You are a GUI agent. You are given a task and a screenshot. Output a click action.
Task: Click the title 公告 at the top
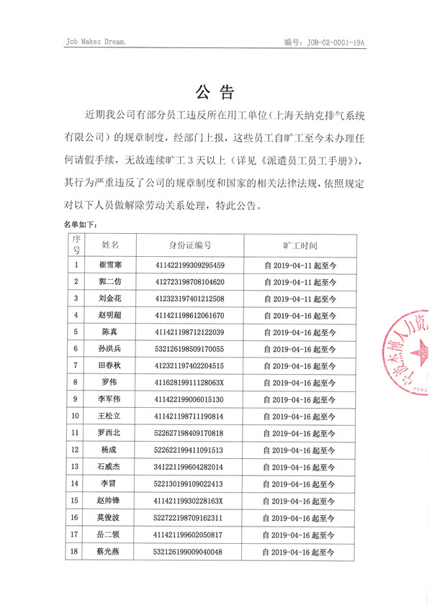[215, 93]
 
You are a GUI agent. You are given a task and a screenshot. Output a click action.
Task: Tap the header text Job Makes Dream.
[95, 42]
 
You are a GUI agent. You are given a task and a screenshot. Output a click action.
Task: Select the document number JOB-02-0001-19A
[336, 42]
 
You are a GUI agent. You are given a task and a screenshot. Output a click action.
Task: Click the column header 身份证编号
[190, 245]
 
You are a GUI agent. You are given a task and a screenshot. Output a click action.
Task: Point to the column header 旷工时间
[299, 245]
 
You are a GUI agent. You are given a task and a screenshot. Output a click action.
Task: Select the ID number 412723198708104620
[190, 282]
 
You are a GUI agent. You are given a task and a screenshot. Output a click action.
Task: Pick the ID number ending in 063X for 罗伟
[190, 382]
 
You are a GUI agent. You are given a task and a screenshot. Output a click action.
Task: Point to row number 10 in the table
[76, 416]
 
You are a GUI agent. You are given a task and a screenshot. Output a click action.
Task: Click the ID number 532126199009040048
[190, 552]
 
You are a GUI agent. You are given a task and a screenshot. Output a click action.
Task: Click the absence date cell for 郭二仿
[299, 282]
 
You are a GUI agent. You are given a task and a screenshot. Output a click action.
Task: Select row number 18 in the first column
[76, 552]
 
